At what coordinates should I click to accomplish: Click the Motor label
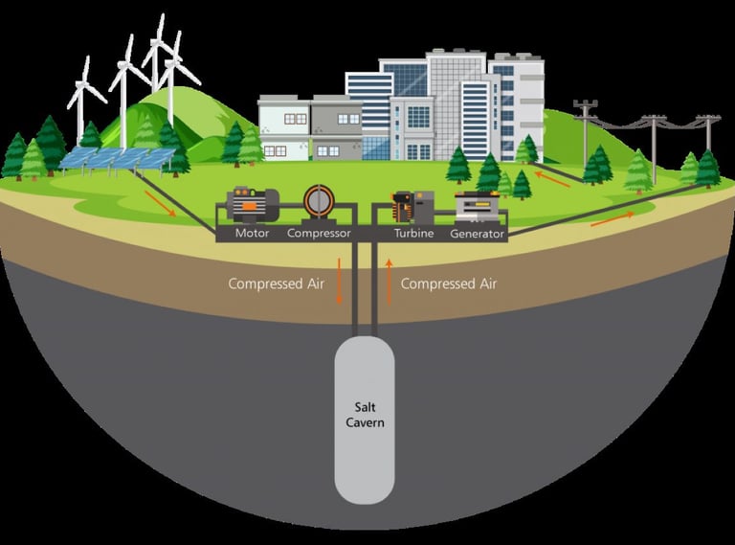pos(252,233)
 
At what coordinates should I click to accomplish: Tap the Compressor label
pos(319,233)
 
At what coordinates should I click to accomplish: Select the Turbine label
pos(413,233)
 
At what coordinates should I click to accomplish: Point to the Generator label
pos(478,233)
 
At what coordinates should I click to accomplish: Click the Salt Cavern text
pos(365,414)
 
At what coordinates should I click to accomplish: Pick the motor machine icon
pos(253,204)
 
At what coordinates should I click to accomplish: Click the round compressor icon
pos(319,202)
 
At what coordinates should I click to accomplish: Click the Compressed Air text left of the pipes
pos(272,284)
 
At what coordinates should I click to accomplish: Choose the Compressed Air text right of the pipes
pos(448,284)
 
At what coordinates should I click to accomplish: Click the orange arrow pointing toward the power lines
pos(612,217)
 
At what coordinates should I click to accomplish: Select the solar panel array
pos(117,157)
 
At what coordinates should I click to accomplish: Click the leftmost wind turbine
pos(85,100)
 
